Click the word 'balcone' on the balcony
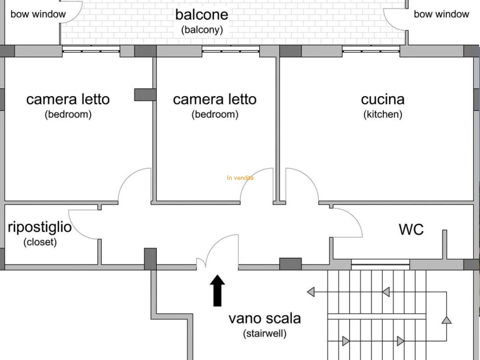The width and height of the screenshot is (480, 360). [x=202, y=15]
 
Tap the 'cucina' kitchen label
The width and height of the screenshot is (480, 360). [x=382, y=99]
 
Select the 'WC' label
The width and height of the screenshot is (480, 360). [x=411, y=229]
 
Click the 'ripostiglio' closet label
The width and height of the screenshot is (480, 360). [x=39, y=227]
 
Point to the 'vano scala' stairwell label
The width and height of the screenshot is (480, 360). [x=265, y=318]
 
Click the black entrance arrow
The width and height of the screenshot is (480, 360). [x=217, y=290]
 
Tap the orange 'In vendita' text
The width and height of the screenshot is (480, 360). [x=240, y=178]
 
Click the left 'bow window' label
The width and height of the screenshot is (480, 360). [x=38, y=14]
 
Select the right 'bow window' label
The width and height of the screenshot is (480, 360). [x=442, y=14]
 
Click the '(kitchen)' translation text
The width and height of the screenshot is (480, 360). [x=382, y=114]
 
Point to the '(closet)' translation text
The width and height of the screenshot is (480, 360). [x=40, y=242]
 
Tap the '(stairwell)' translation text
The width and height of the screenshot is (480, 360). [x=265, y=333]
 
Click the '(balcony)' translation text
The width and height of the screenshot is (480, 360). [x=202, y=30]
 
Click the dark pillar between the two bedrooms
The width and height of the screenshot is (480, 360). [x=145, y=95]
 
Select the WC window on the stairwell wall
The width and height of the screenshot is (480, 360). [x=380, y=264]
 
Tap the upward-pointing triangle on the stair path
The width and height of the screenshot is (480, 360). [x=447, y=320]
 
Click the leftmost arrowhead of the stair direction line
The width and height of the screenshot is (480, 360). [x=311, y=292]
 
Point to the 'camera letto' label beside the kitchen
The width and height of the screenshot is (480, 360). [x=215, y=99]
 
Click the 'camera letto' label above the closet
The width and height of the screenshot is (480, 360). [x=68, y=99]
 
